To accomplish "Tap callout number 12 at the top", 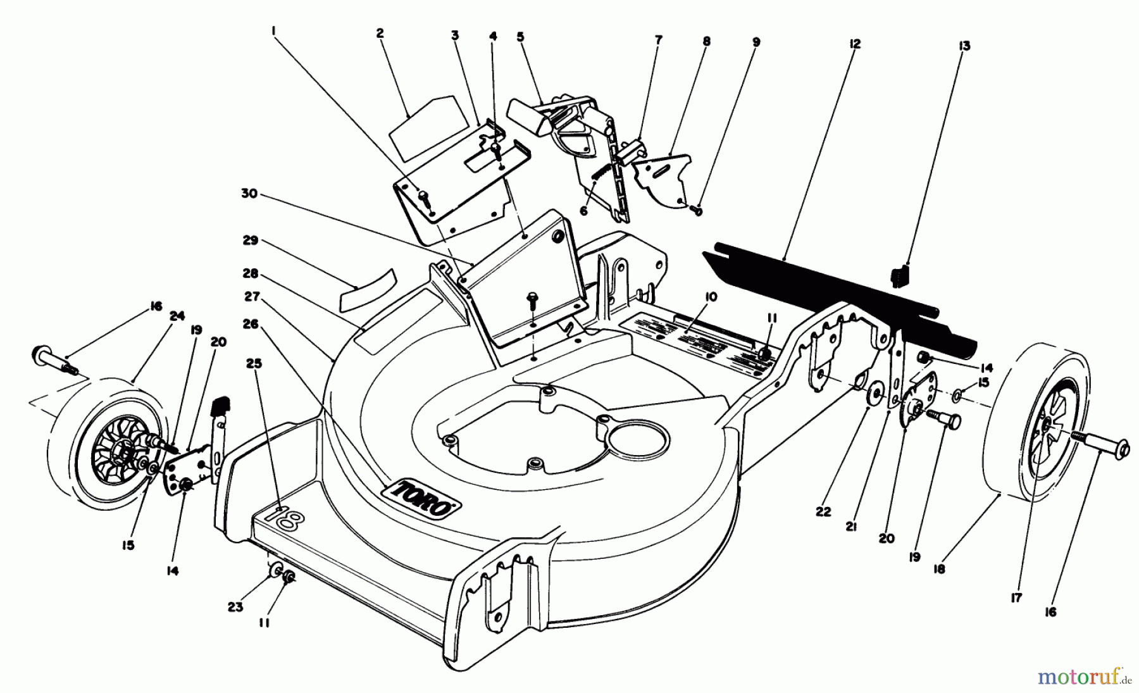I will coord(855,44).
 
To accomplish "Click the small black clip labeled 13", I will coord(899,277).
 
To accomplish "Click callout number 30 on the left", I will coord(249,194).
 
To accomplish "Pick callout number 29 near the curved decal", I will coord(251,240).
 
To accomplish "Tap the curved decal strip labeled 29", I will coord(367,288).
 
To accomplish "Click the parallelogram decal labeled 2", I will coord(422,124).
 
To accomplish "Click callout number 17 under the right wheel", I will coord(1016,597).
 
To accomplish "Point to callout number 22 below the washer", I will coord(823,512).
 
